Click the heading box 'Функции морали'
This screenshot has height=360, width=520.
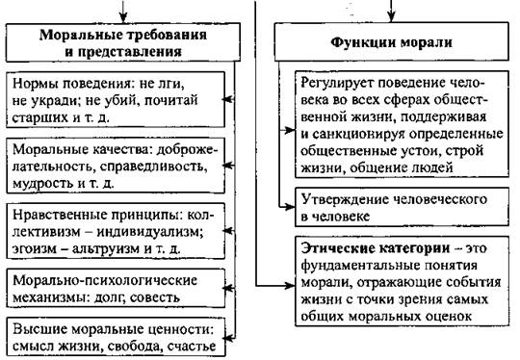391,41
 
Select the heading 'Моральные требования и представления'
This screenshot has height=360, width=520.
123,43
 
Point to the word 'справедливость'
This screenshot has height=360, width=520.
151,167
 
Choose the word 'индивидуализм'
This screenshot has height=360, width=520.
149,231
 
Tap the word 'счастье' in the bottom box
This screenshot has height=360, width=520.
192,347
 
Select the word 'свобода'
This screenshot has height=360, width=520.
135,347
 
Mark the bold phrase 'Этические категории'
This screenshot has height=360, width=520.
376,248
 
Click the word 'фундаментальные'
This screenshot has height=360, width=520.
356,266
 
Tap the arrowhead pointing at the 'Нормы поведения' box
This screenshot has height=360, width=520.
227,99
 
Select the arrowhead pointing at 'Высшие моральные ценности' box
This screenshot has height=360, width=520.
227,338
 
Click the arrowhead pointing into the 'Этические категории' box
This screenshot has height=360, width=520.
290,285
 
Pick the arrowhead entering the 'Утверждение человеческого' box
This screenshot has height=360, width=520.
290,207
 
